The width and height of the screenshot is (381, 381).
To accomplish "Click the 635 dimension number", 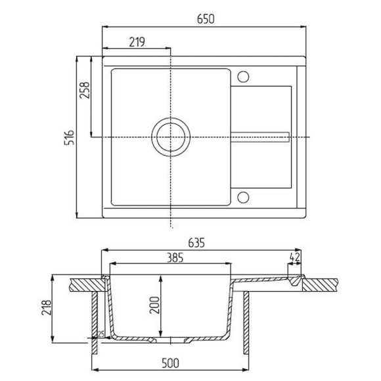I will tap(197, 242).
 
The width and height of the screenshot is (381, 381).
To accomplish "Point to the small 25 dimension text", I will tap(102, 334).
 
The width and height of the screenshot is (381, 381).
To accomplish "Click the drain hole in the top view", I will tap(171, 137).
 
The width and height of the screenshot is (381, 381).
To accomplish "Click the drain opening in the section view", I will tap(171, 341).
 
